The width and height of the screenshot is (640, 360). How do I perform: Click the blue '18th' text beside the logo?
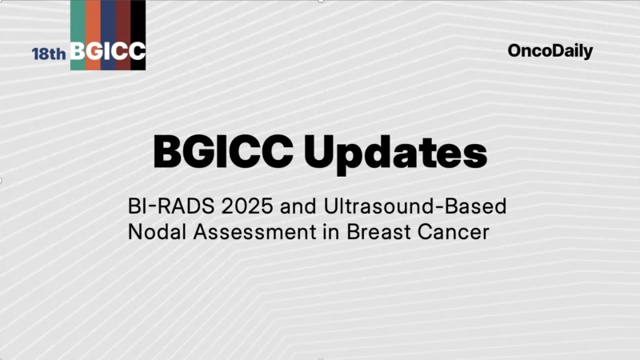click(49, 54)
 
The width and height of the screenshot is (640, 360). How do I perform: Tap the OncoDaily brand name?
click(550, 51)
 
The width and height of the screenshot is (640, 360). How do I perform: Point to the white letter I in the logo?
click(108, 52)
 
